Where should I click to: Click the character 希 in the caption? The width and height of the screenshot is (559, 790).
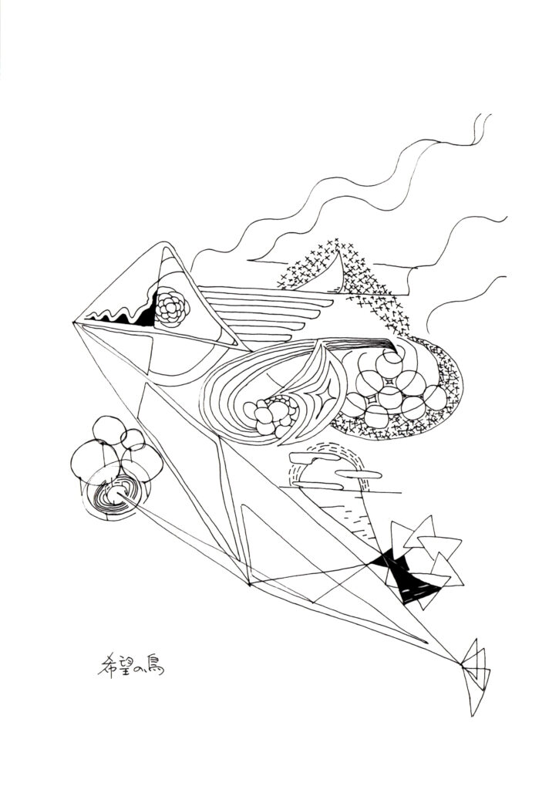[106, 665]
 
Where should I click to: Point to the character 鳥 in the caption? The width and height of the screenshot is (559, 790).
[155, 665]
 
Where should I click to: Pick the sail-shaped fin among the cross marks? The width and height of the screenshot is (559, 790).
[332, 276]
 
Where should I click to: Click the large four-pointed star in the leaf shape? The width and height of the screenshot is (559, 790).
[322, 393]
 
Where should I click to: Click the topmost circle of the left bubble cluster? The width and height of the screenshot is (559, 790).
[109, 431]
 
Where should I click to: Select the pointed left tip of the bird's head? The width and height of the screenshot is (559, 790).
[74, 322]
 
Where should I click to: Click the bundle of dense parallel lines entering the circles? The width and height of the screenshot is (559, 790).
[362, 343]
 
